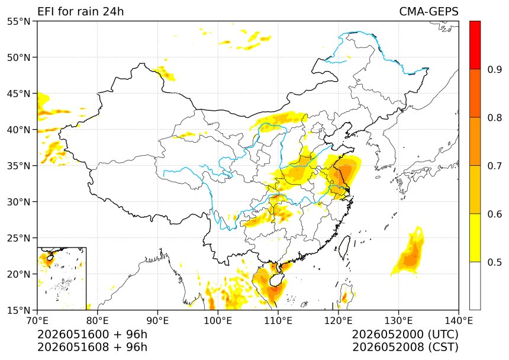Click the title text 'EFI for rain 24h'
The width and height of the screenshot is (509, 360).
pyautogui.click(x=80, y=11)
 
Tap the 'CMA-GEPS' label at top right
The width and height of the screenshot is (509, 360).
pyautogui.click(x=429, y=11)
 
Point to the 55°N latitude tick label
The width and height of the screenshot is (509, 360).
pyautogui.click(x=18, y=21)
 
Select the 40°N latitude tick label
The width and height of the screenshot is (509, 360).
pyautogui.click(x=18, y=130)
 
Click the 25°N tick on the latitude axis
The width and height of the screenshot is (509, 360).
pyautogui.click(x=18, y=238)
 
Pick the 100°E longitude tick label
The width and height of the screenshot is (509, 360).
pyautogui.click(x=218, y=321)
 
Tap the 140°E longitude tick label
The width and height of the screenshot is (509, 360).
pyautogui.click(x=458, y=321)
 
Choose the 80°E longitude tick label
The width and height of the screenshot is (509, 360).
pyautogui.click(x=98, y=321)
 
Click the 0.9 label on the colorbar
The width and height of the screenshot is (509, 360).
pyautogui.click(x=495, y=69)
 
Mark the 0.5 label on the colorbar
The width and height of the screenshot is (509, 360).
pyautogui.click(x=495, y=262)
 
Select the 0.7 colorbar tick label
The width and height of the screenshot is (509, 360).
pyautogui.click(x=495, y=166)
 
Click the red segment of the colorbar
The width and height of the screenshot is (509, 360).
pyautogui.click(x=475, y=45)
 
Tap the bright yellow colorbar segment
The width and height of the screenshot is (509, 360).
pyautogui.click(x=475, y=237)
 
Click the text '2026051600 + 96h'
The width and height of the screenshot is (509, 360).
pyautogui.click(x=92, y=334)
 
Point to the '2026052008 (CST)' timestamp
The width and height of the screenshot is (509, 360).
pyautogui.click(x=405, y=347)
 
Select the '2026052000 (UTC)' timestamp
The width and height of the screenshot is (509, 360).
pyautogui.click(x=405, y=334)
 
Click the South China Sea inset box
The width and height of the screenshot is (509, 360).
pyautogui.click(x=62, y=278)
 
